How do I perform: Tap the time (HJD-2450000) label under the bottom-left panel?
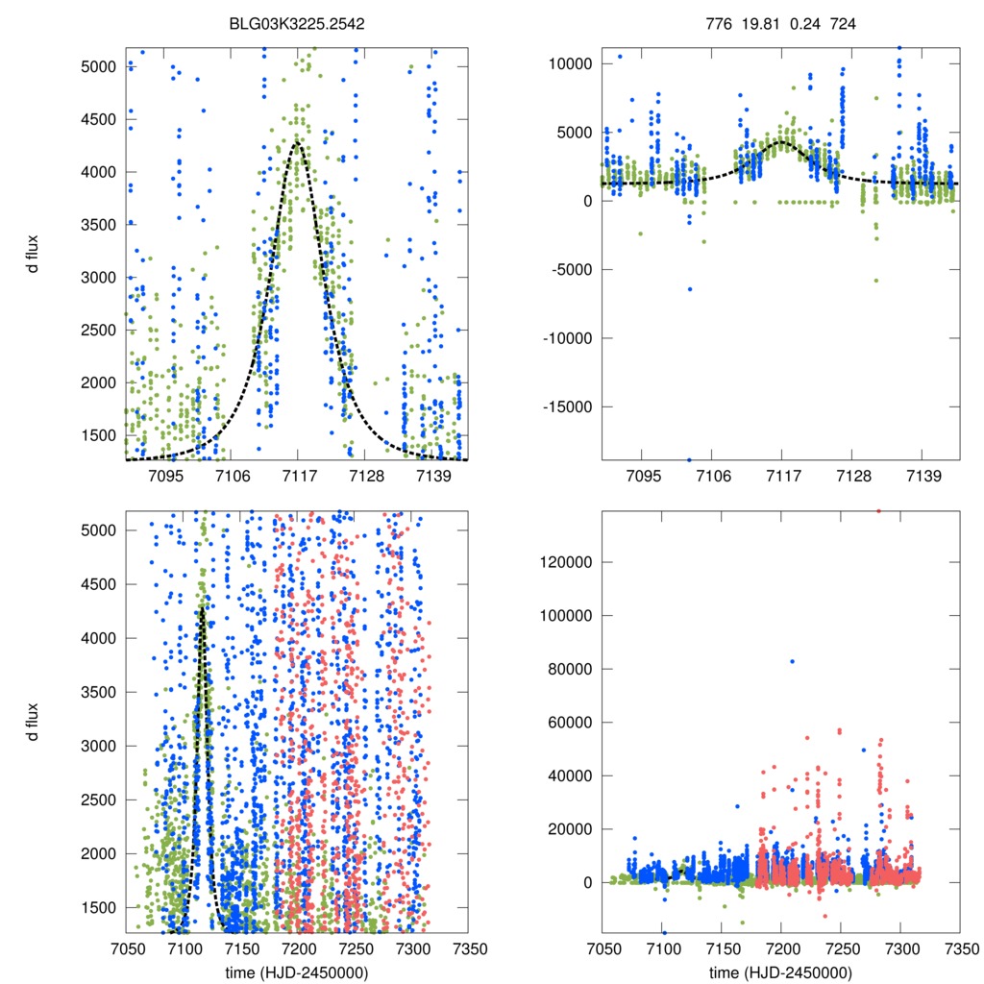click(297, 972)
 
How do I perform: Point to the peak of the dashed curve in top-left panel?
click(298, 142)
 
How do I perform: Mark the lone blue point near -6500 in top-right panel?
click(689, 289)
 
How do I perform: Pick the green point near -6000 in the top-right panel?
click(875, 281)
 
